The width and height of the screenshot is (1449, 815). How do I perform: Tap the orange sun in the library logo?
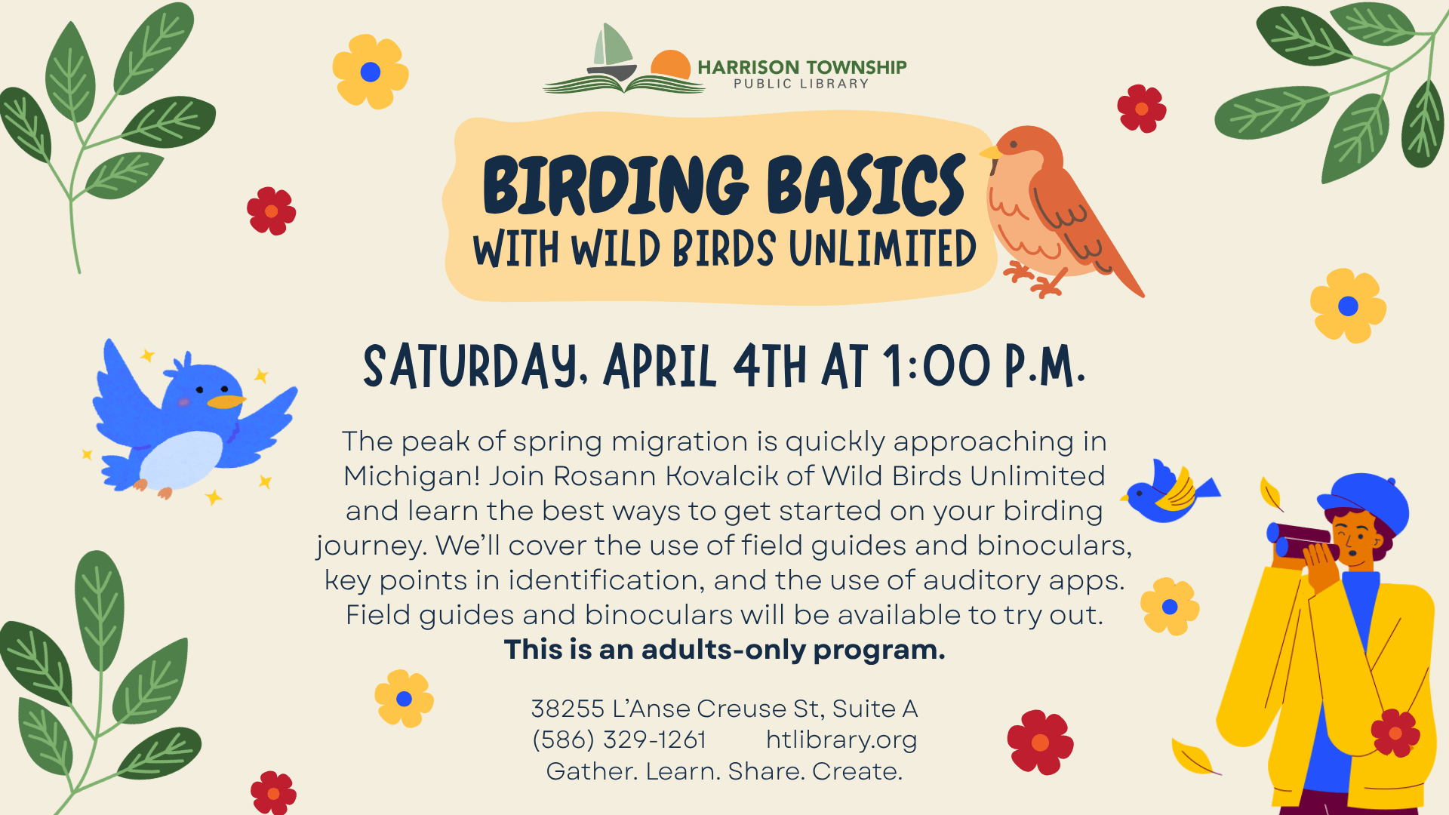[671, 65]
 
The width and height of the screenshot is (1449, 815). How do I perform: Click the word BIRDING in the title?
[615, 185]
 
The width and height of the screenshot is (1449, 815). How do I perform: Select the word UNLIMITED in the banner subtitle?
[882, 249]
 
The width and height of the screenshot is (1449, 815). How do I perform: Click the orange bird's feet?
[1034, 279]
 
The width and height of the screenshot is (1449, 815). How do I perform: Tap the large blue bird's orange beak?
[226, 401]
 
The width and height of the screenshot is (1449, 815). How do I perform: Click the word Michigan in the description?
[411, 476]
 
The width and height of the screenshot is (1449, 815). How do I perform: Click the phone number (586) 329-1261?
[620, 740]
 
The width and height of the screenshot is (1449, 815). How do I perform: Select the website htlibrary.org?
[841, 740]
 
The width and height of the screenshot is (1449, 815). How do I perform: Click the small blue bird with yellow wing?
[1170, 492]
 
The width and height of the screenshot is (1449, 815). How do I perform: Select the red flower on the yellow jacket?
[1395, 733]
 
